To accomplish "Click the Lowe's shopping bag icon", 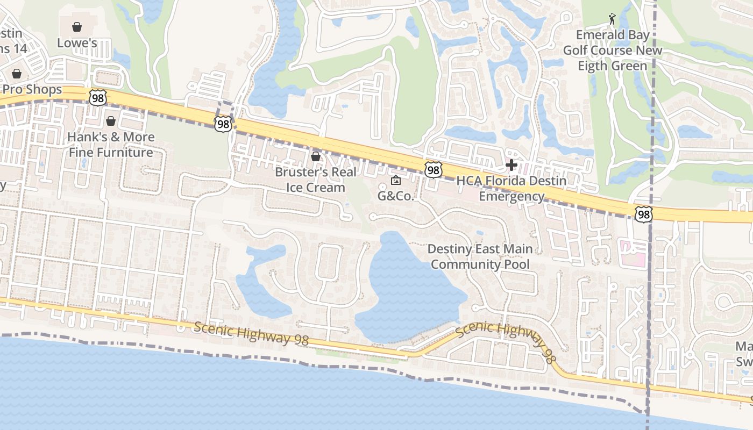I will pos(77,26).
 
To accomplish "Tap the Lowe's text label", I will pos(77,43).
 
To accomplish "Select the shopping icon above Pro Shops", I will pos(17,73).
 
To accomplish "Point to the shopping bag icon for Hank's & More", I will pos(111,121).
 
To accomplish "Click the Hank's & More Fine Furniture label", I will pos(111,145).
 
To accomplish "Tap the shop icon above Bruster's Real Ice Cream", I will pos(316,156).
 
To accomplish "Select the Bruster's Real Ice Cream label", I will pos(315,180).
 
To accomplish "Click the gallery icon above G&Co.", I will pos(396,180).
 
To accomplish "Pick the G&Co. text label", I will pos(396,196).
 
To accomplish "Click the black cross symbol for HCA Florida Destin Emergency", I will pos(512,164).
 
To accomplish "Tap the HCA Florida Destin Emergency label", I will pos(512,188).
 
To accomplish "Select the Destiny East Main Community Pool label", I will pos(480,256).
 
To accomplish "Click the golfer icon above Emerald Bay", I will pos(612,19).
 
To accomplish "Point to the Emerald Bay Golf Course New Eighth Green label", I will pos(613,51).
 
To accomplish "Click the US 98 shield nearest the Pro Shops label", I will pos(98,97).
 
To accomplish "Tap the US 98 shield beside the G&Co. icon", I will pos(433,170).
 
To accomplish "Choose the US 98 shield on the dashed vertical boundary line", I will pos(643,214).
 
